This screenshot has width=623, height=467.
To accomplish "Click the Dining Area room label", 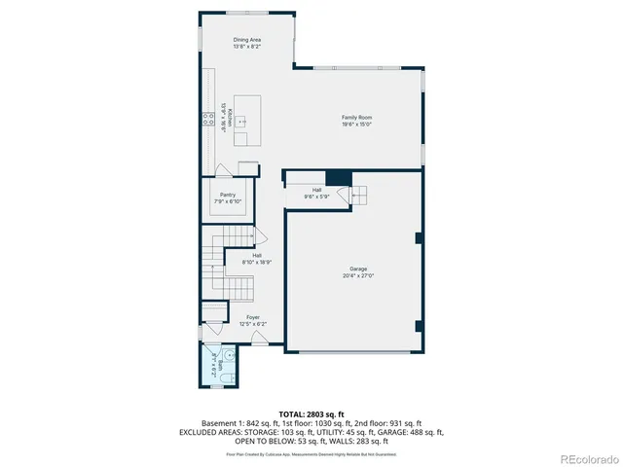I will [246, 40].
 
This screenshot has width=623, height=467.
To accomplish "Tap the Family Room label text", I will [356, 118].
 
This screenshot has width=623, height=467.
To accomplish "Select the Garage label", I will [358, 269].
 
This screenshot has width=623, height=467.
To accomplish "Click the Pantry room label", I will [228, 195].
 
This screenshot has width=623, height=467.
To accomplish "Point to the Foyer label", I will [252, 317].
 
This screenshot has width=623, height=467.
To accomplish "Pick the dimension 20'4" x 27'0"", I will [358, 275].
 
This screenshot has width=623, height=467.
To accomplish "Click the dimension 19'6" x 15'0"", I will [356, 125].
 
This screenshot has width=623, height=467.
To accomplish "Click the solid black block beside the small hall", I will [338, 177].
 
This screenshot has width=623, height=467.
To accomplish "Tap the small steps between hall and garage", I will [359, 195].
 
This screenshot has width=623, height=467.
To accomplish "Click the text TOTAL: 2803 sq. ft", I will [311, 414].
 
